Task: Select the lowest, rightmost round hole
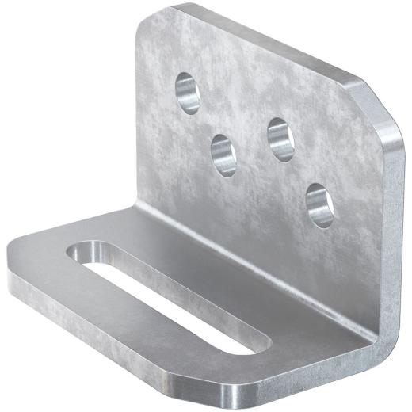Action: tap(319, 204)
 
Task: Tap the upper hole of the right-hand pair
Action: tap(280, 139)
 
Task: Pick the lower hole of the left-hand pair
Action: tap(223, 154)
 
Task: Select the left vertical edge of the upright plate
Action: tap(139, 119)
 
